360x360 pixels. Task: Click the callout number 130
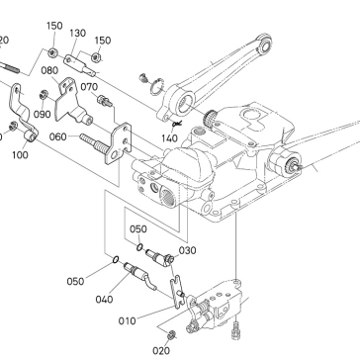(x=78, y=34)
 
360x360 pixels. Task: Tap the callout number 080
(x=50, y=70)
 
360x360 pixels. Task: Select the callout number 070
(x=89, y=87)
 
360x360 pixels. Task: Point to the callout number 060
(x=58, y=136)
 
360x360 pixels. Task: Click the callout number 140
(x=169, y=138)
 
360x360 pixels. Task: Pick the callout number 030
(x=187, y=250)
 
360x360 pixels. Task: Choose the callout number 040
(x=104, y=300)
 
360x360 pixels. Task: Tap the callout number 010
(x=128, y=320)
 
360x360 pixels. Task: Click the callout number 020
(x=161, y=351)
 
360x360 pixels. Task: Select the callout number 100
(x=20, y=155)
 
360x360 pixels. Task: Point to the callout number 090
(x=43, y=115)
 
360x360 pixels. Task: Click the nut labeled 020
(x=171, y=335)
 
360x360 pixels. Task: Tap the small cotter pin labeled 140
(x=177, y=124)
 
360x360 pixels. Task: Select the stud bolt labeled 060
(x=94, y=142)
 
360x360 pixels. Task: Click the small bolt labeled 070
(x=105, y=101)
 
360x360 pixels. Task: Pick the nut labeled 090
(x=43, y=95)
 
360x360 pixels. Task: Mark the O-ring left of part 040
(x=116, y=260)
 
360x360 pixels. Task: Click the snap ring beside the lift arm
(x=157, y=87)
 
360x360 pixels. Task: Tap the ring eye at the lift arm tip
(x=264, y=44)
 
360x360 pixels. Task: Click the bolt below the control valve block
(x=235, y=330)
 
